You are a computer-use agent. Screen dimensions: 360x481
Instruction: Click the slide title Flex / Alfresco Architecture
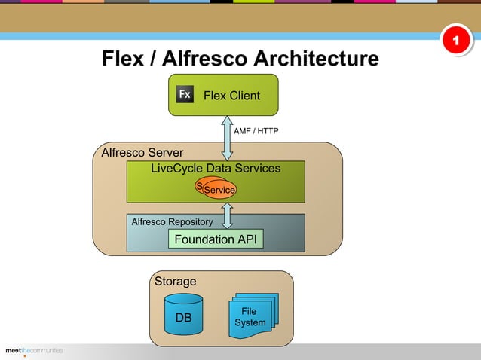pyautogui.click(x=240, y=59)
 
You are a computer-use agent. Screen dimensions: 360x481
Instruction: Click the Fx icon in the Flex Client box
pyautogui.click(x=185, y=95)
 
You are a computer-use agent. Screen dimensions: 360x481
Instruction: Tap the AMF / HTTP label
pyautogui.click(x=256, y=131)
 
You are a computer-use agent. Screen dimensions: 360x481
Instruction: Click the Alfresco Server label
pyautogui.click(x=142, y=154)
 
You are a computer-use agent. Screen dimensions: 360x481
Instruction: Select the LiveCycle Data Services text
pyautogui.click(x=216, y=169)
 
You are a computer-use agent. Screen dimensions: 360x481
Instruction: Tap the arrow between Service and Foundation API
pyautogui.click(x=226, y=215)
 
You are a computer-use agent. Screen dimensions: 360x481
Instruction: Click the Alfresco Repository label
pyautogui.click(x=172, y=222)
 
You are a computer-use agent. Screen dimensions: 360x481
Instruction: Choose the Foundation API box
pyautogui.click(x=216, y=239)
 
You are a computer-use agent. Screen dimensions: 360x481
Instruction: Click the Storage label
pyautogui.click(x=175, y=282)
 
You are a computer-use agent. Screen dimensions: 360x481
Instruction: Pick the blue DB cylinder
pyautogui.click(x=183, y=319)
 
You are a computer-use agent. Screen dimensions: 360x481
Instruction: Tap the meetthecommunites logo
pyautogui.click(x=34, y=351)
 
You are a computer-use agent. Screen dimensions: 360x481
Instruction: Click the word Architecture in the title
pyautogui.click(x=316, y=59)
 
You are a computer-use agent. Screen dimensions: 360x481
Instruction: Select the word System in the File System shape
pyautogui.click(x=250, y=323)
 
